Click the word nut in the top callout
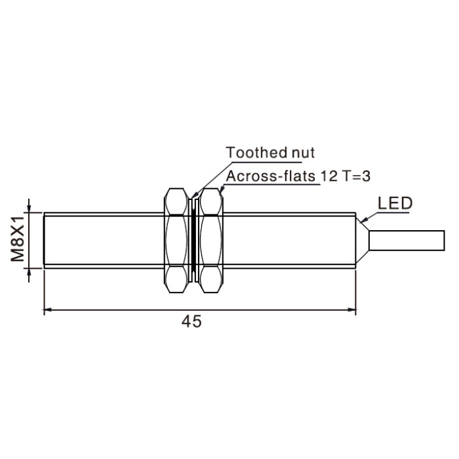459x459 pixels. coord(303,153)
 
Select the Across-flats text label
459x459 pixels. coord(270,176)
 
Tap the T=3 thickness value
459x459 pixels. coord(355,176)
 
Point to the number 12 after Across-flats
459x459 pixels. coord(329,176)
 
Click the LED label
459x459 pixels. coord(395,203)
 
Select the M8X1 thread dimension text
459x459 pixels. coord(17,239)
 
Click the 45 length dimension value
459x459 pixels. coord(191,321)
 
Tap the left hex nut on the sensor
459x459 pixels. coord(176,241)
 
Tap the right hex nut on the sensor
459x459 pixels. coord(210,241)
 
